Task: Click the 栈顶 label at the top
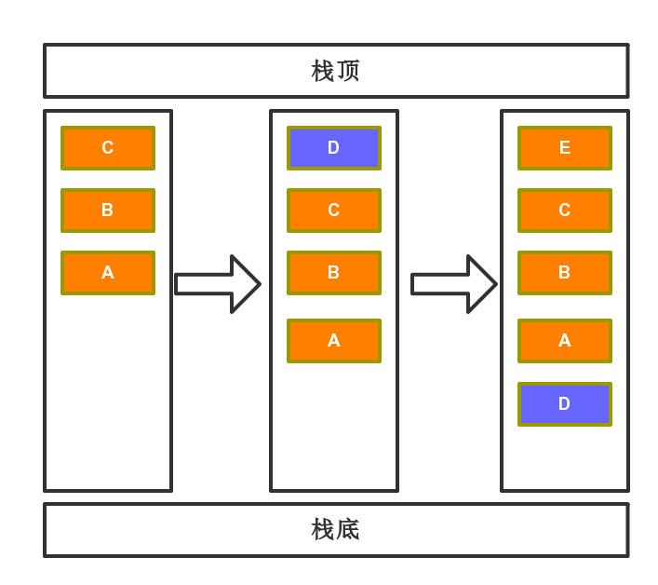(x=336, y=71)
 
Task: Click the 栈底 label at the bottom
(x=336, y=529)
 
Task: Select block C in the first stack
(x=108, y=148)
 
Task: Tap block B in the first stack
(x=108, y=211)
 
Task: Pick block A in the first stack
(x=108, y=273)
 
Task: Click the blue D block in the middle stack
(x=334, y=148)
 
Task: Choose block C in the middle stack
(x=334, y=211)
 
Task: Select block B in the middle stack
(x=334, y=273)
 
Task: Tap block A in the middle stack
(x=334, y=341)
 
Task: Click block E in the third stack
(x=565, y=148)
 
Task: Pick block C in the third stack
(x=565, y=211)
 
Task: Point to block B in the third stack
(x=565, y=273)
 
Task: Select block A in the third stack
(x=565, y=341)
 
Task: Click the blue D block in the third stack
(x=565, y=404)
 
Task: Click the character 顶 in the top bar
(x=349, y=71)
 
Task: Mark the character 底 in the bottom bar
(x=349, y=529)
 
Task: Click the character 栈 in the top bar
(x=323, y=71)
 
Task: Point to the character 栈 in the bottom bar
(x=323, y=529)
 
